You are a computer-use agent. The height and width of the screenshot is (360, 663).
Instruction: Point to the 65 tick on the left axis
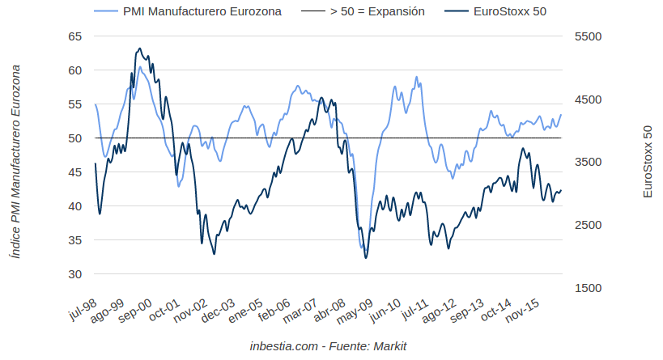(x=74, y=36)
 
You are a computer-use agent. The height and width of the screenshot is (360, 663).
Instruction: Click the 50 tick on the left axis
(x=74, y=138)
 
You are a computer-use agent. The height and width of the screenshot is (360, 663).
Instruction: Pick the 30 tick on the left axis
(x=74, y=274)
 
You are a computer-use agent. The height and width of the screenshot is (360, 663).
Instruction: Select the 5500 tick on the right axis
(x=588, y=36)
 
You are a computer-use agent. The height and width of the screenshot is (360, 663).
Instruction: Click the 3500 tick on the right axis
(x=588, y=162)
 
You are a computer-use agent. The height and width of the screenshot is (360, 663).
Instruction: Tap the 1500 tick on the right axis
(x=588, y=288)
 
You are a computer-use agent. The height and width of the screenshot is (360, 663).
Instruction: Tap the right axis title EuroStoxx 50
(x=647, y=162)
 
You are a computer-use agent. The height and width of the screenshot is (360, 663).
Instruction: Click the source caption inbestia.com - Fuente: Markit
(x=328, y=346)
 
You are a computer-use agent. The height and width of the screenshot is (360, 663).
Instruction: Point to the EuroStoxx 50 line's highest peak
(x=139, y=49)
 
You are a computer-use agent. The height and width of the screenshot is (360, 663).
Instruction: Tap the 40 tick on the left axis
(x=74, y=206)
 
